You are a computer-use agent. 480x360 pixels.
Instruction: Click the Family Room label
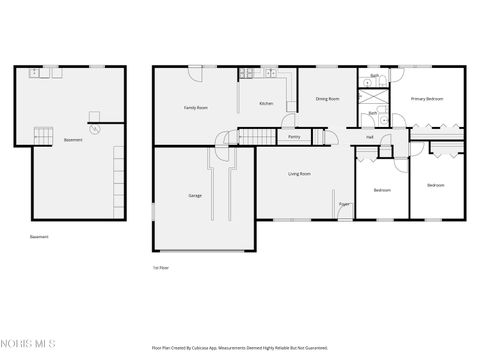(x=195, y=107)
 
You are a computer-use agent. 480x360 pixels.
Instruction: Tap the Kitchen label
(x=266, y=104)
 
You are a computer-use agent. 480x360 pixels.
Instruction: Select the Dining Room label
(x=328, y=99)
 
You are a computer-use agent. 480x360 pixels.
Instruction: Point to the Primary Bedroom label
(x=427, y=99)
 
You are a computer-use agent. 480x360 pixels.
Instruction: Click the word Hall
(x=370, y=137)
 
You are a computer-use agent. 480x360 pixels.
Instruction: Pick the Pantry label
(x=295, y=137)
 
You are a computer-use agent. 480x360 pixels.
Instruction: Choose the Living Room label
(x=299, y=174)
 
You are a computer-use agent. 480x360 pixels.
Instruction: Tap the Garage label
(x=195, y=195)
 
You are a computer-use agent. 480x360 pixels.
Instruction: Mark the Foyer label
(x=343, y=204)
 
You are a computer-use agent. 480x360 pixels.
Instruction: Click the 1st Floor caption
(x=159, y=268)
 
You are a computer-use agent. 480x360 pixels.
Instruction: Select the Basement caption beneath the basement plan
(x=39, y=237)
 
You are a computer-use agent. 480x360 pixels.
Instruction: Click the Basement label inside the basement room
(x=73, y=140)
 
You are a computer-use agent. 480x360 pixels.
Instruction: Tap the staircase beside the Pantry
(x=258, y=137)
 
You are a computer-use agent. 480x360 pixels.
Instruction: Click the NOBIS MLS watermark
(x=28, y=345)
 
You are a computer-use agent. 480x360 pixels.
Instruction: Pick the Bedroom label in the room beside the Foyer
(x=382, y=190)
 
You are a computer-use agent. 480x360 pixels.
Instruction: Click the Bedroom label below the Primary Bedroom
(x=436, y=186)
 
